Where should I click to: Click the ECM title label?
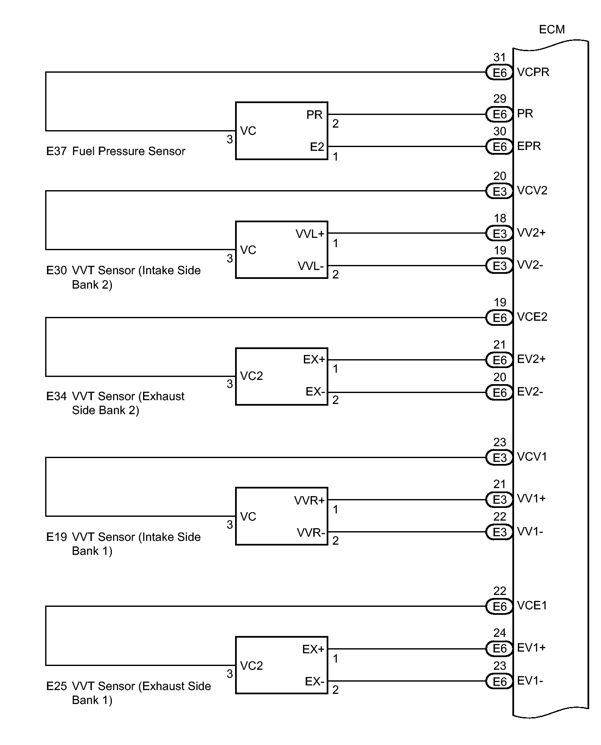pyautogui.click(x=552, y=29)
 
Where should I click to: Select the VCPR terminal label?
pyautogui.click(x=533, y=72)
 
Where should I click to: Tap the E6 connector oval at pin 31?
pyautogui.click(x=499, y=73)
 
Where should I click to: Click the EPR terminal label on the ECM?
pyautogui.click(x=529, y=146)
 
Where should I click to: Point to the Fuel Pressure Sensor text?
pyautogui.click(x=129, y=151)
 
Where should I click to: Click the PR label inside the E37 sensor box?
pyautogui.click(x=314, y=115)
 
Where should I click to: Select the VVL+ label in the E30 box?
pyautogui.click(x=310, y=234)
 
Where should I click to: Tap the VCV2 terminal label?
pyautogui.click(x=532, y=191)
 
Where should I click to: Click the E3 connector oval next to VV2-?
pyautogui.click(x=499, y=266)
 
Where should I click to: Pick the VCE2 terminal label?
pyautogui.click(x=532, y=317)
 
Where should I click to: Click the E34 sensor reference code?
pyautogui.click(x=56, y=396)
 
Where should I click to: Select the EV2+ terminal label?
pyautogui.click(x=531, y=359)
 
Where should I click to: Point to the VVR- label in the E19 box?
pyautogui.click(x=311, y=532)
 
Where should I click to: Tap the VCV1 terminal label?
pyautogui.click(x=532, y=457)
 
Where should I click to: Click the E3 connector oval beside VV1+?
pyautogui.click(x=499, y=499)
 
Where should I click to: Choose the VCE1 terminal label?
pyautogui.click(x=532, y=606)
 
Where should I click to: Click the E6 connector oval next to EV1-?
pyautogui.click(x=499, y=681)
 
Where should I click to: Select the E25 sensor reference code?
pyautogui.click(x=56, y=686)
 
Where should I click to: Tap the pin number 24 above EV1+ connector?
pyautogui.click(x=499, y=633)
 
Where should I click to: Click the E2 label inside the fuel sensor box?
pyautogui.click(x=317, y=147)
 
